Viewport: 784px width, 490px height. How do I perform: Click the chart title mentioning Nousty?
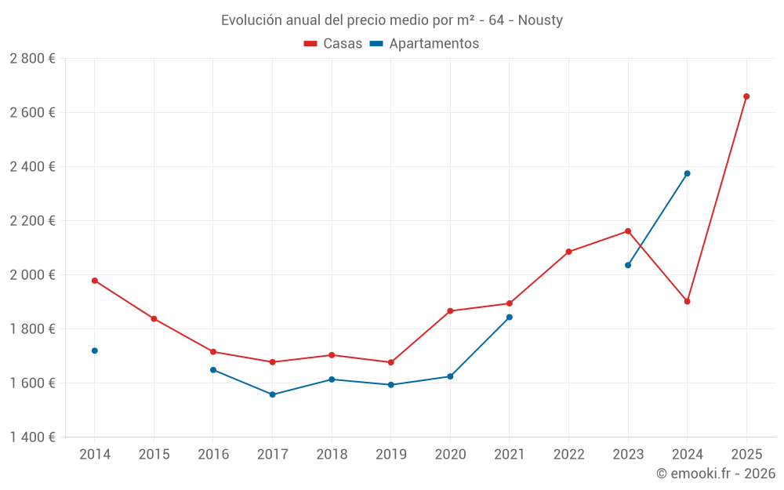coord(391,20)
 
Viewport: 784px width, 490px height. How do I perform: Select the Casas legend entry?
coord(333,44)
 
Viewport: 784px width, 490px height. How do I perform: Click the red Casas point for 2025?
coord(746,96)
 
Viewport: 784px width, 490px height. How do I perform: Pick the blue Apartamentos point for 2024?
coord(687,173)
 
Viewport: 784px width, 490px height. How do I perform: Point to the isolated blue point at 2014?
coord(95,350)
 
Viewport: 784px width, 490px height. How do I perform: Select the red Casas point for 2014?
coord(95,281)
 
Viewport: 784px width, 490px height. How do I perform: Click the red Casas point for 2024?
coord(687,301)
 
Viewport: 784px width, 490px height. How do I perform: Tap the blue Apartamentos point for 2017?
coord(272,394)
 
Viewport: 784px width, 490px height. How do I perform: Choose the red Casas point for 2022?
coord(568,252)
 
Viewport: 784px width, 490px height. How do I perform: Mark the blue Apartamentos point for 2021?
coord(510,318)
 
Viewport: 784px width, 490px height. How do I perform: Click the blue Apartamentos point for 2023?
coord(628,265)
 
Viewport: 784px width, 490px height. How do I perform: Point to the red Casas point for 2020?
coord(450,311)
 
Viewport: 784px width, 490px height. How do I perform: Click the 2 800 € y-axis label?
coord(32,59)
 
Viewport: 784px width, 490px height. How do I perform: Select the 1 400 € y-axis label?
coord(32,437)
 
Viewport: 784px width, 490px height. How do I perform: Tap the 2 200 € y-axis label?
coord(32,221)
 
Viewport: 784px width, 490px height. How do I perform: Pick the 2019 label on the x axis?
coord(390,455)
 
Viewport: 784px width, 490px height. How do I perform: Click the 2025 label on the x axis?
coord(746,455)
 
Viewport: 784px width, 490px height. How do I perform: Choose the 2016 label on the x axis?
coord(213,455)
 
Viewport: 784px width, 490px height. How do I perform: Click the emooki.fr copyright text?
coord(715,474)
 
